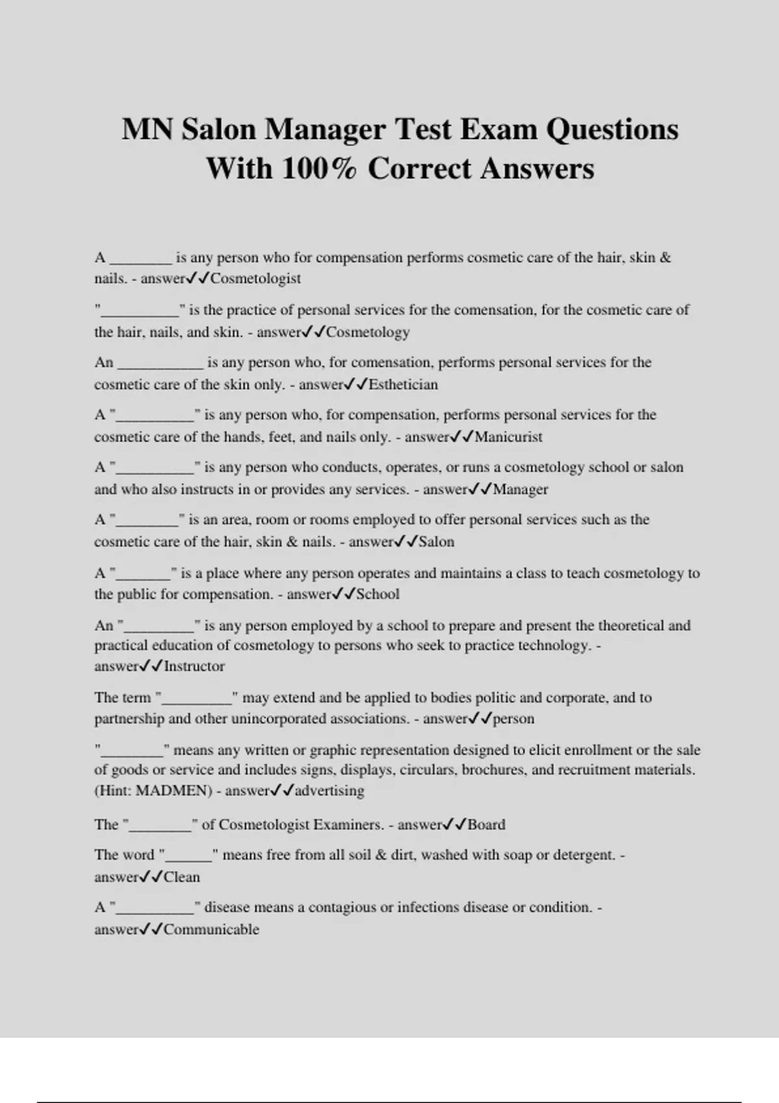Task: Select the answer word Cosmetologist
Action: point(255,278)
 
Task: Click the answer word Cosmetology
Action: point(367,332)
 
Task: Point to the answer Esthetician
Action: point(403,385)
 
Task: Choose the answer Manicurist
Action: point(508,437)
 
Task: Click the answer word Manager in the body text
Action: point(520,490)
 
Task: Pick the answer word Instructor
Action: point(194,666)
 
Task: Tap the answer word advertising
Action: point(329,791)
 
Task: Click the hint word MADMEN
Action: point(174,791)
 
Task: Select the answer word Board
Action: point(486,825)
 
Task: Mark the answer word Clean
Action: point(182,877)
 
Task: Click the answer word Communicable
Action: point(211,930)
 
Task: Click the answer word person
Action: point(513,719)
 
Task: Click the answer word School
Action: point(378,594)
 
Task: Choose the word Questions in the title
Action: point(612,129)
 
